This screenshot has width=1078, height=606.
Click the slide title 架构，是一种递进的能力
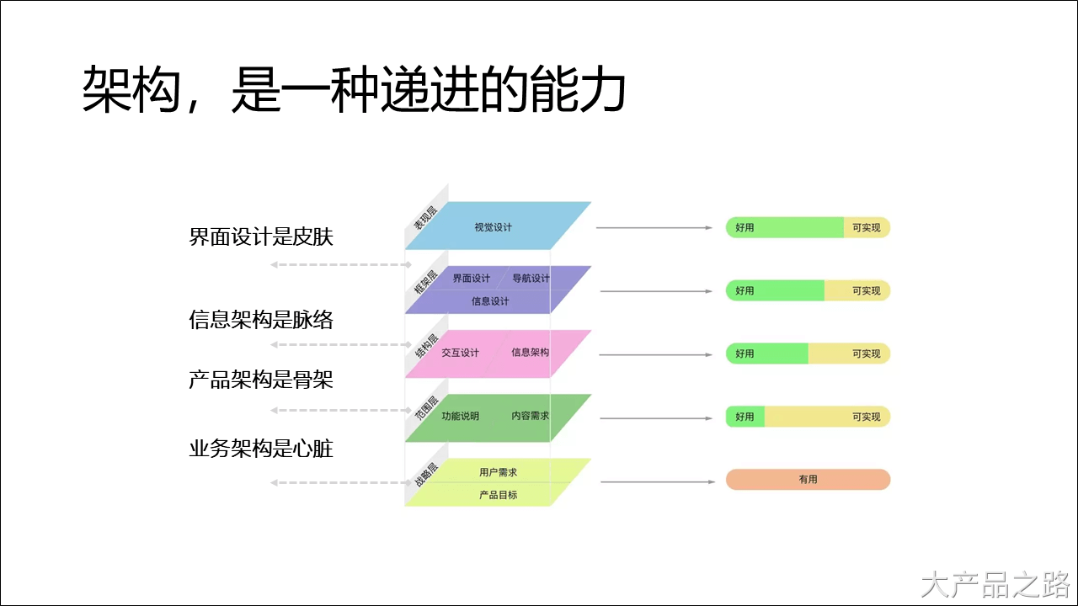[354, 90]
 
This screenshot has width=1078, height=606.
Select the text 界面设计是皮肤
[261, 237]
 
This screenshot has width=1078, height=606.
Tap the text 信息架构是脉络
[261, 320]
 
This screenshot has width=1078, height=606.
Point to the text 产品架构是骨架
[261, 380]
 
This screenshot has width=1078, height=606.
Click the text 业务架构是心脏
[261, 449]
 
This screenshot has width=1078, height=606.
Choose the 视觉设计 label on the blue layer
[493, 227]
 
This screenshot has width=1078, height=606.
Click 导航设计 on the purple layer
[531, 279]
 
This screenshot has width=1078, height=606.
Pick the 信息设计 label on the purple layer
[490, 301]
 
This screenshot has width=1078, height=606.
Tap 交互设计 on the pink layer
[460, 353]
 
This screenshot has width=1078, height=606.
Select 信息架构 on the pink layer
[530, 352]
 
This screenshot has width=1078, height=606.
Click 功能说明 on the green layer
[460, 416]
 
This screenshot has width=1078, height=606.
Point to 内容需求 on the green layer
[530, 416]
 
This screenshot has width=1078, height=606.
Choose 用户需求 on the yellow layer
[498, 473]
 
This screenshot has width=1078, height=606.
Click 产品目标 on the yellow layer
[498, 495]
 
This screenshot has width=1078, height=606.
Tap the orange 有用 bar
[808, 479]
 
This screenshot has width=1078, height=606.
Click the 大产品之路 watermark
[995, 583]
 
